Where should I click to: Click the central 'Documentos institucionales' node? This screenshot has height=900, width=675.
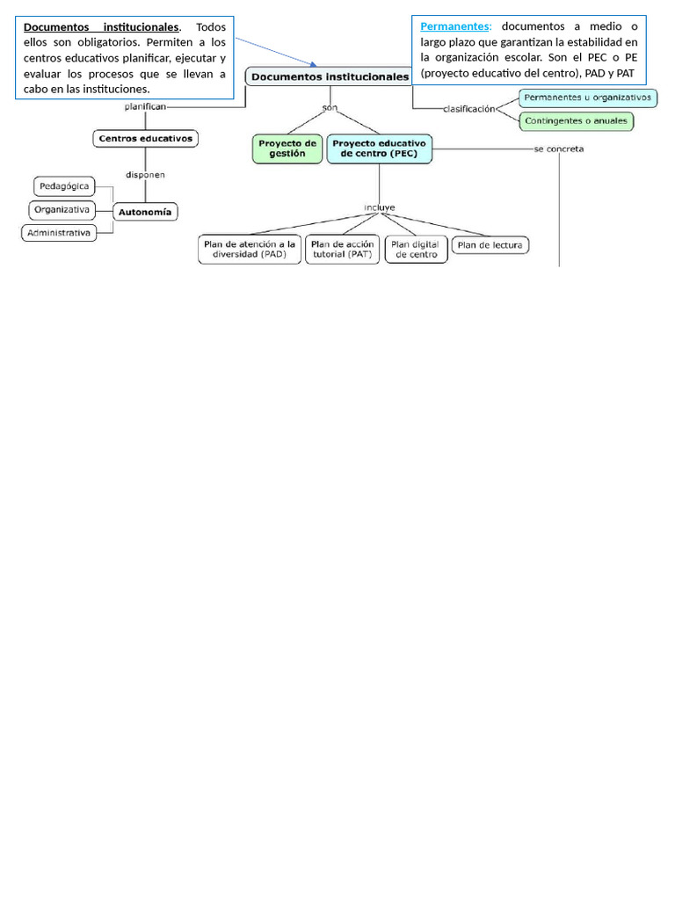coord(330,77)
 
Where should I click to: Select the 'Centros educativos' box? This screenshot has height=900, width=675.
coord(146,138)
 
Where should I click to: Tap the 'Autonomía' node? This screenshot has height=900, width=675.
coord(146,211)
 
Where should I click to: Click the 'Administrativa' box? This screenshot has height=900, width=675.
coord(59,233)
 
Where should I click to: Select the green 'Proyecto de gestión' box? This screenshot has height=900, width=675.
coord(287,148)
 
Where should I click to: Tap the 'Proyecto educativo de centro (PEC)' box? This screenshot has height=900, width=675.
coord(380,148)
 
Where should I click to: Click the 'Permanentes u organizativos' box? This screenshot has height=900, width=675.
coord(587,97)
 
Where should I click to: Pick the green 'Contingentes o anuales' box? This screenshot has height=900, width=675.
coord(577,120)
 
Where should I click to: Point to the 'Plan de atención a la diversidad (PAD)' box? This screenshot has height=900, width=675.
coord(249,249)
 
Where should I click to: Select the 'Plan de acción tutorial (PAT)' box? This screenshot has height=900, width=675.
coord(342,249)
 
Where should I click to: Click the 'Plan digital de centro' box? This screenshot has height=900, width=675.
coord(416,249)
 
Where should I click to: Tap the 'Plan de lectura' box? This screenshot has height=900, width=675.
coord(490,245)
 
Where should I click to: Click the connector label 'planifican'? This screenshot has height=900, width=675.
coord(144,106)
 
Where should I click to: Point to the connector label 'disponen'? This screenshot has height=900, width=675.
coord(145,174)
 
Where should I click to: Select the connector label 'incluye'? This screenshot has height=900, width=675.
coord(380,207)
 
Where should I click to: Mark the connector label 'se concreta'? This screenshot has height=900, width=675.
coord(559,149)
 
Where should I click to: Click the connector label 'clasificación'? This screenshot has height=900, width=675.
coord(469,109)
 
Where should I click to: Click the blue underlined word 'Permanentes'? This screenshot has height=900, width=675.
coord(454,26)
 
